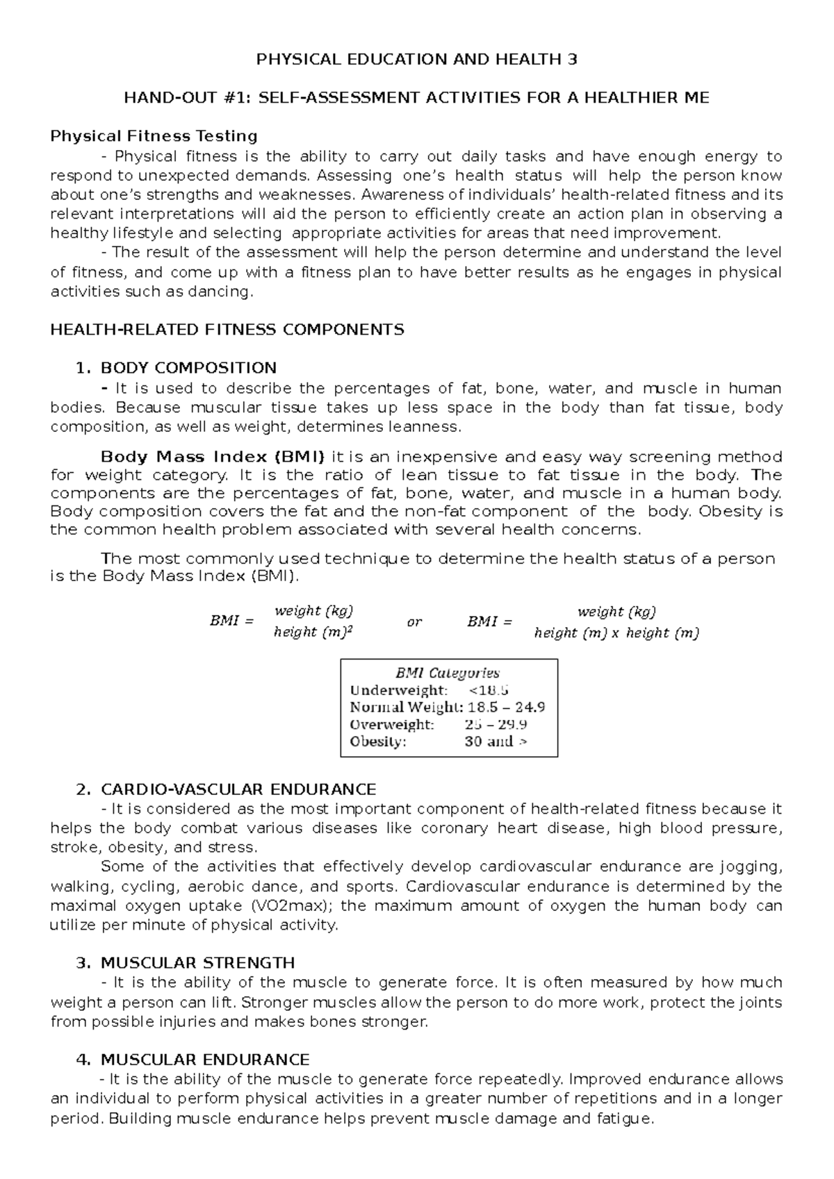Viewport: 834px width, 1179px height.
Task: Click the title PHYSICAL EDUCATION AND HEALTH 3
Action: [417, 60]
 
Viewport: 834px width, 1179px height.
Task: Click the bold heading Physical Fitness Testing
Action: [154, 135]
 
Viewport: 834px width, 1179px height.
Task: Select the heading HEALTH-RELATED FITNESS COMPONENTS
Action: [227, 330]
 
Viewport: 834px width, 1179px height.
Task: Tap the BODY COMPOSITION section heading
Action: [188, 368]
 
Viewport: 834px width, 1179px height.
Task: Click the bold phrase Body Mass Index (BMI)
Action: [213, 457]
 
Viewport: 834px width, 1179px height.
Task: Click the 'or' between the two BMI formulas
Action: [414, 622]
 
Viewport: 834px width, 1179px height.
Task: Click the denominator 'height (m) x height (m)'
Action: [616, 633]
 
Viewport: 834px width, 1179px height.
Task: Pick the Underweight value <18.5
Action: [489, 690]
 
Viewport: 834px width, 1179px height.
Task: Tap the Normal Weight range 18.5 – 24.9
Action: [507, 708]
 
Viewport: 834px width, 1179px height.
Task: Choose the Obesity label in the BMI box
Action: [377, 742]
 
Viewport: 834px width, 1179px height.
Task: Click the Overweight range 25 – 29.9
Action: [496, 725]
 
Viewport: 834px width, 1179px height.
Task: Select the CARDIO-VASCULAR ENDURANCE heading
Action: [238, 789]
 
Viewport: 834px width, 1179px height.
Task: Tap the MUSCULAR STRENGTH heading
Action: [197, 963]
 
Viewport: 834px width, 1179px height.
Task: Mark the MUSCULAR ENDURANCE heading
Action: [205, 1060]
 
